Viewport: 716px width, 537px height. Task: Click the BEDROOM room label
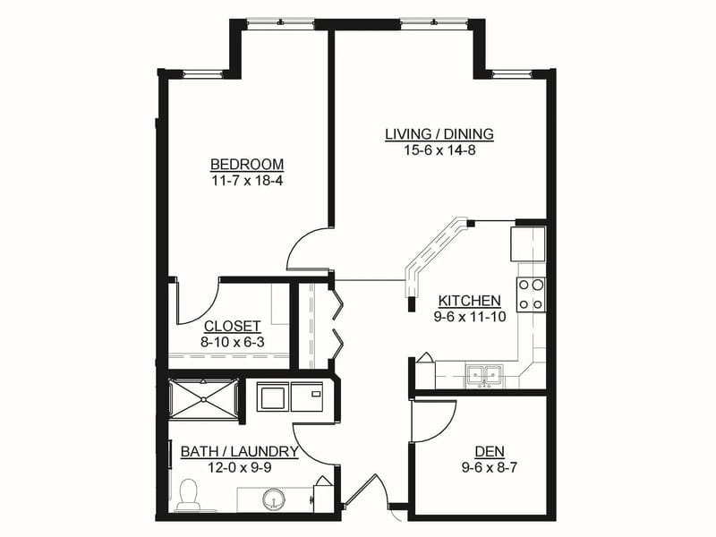(x=247, y=164)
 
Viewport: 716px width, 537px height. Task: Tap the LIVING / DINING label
(x=439, y=133)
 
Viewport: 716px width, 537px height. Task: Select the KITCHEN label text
(x=469, y=301)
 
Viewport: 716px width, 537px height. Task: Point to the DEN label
(x=490, y=452)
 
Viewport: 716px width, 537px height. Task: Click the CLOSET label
(x=233, y=326)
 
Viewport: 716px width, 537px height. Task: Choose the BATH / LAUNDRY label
(x=239, y=452)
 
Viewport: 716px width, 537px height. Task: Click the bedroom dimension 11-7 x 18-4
(x=247, y=181)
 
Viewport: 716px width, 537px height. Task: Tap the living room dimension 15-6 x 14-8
(x=439, y=149)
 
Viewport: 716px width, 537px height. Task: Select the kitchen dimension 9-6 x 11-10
(x=470, y=317)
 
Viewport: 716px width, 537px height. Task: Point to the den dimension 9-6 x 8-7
(x=489, y=467)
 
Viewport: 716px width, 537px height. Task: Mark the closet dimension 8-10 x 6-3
(x=233, y=342)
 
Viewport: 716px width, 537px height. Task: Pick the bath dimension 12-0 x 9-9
(x=239, y=467)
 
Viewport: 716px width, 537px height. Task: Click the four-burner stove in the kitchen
(x=531, y=294)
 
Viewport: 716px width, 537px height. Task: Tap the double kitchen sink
(x=484, y=376)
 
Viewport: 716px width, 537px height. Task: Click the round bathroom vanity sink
(x=274, y=500)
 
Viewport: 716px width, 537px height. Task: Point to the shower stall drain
(x=203, y=399)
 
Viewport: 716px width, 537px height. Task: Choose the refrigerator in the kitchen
(x=528, y=243)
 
